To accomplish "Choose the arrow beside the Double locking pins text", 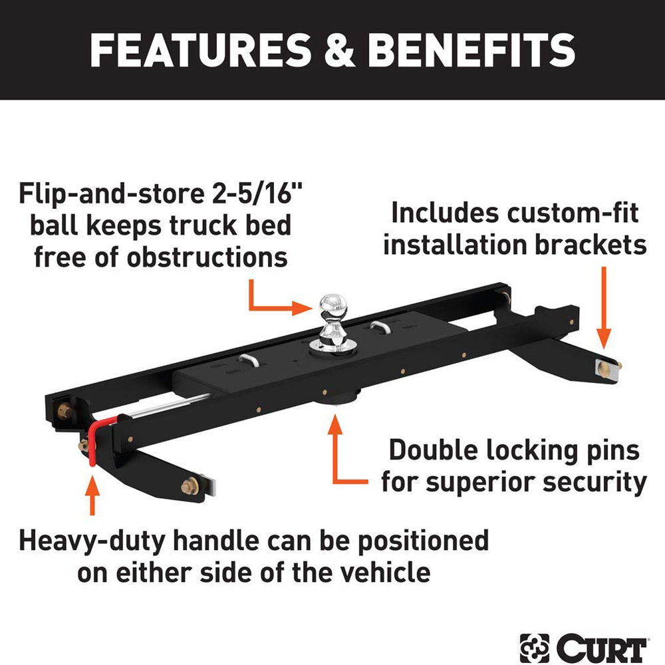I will click(x=339, y=452).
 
